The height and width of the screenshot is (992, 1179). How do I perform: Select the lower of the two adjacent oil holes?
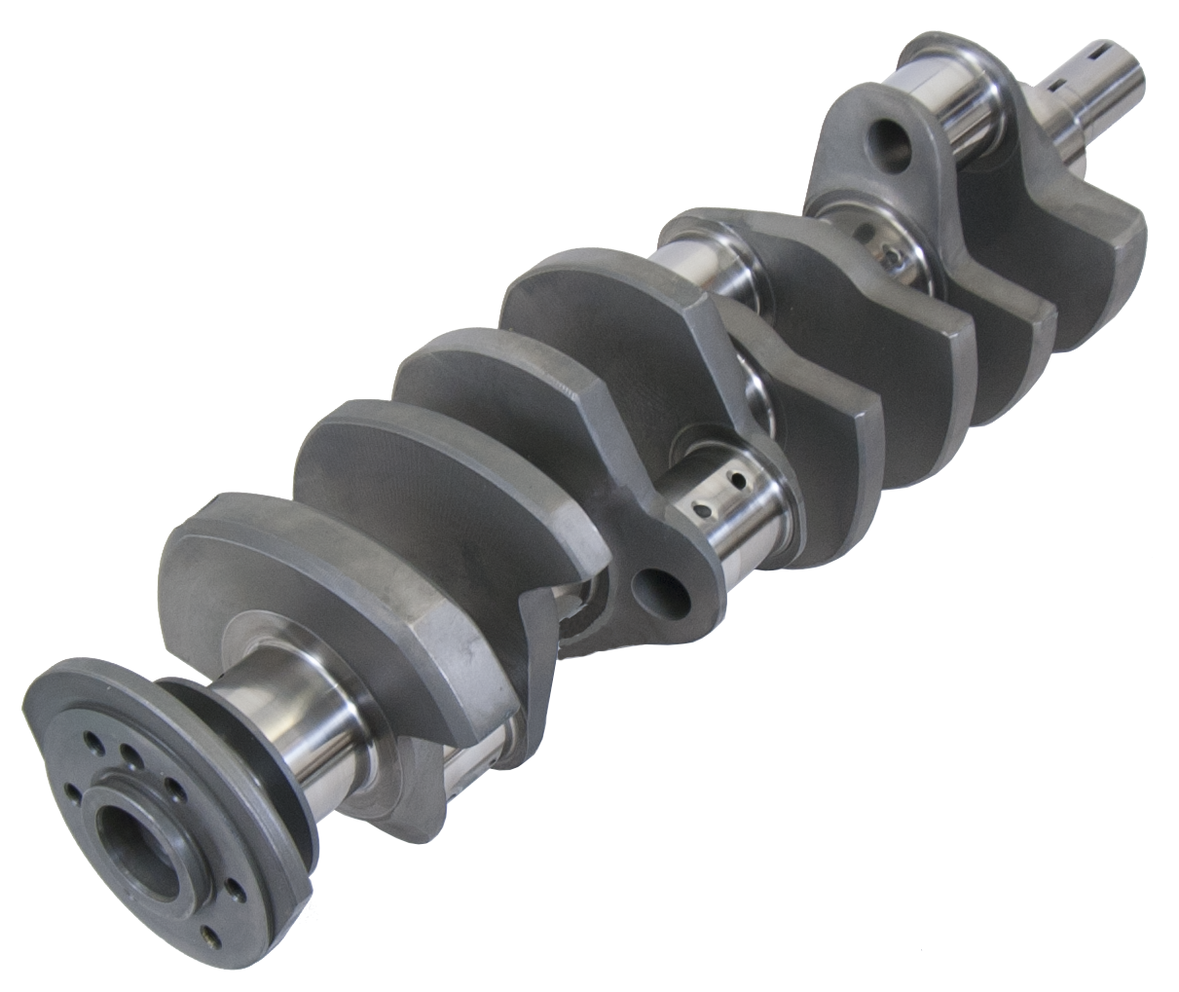(699, 510)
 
